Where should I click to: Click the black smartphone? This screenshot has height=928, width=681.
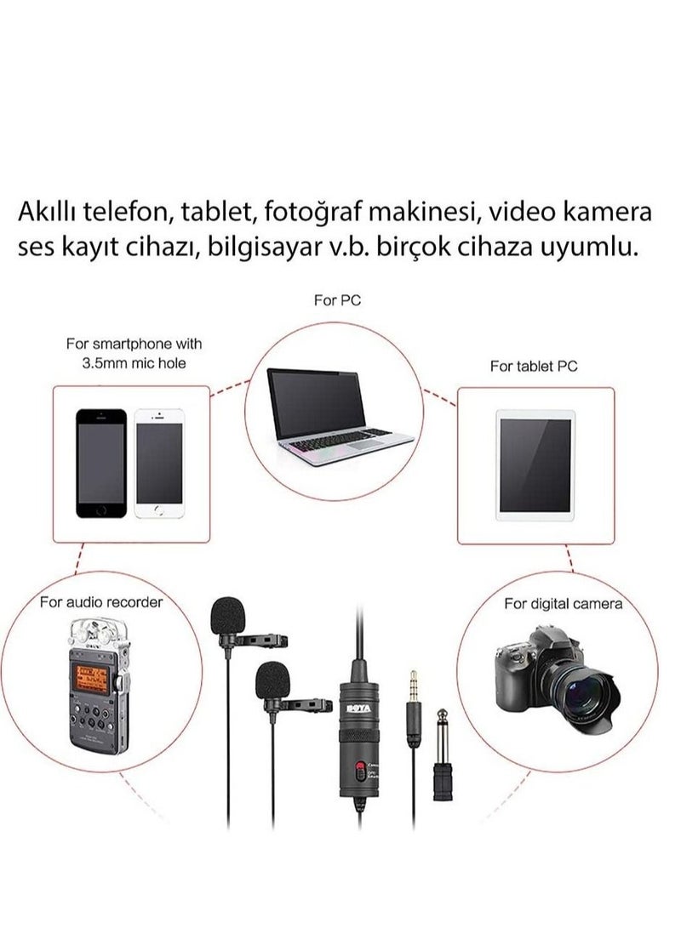click(101, 463)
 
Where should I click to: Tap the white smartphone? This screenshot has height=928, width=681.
click(158, 463)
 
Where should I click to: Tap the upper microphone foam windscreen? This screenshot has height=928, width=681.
click(229, 618)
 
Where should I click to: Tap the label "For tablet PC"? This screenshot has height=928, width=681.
click(534, 366)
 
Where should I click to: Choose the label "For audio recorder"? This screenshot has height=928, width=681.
click(101, 602)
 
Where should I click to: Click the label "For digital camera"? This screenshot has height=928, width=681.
click(563, 604)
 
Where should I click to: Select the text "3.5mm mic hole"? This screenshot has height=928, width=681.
click(134, 363)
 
